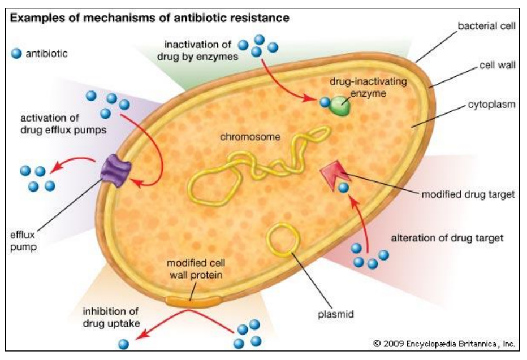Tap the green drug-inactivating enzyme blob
(x=340, y=105)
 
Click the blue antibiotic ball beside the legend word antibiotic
(x=16, y=54)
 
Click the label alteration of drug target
(x=447, y=238)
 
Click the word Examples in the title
(x=36, y=18)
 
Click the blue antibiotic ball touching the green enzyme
(x=325, y=102)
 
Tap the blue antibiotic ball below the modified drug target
(x=343, y=188)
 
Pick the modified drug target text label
(x=468, y=194)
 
